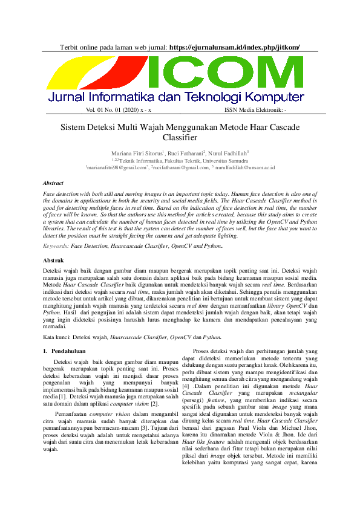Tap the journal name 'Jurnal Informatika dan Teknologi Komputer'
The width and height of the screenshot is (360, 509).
pyautogui.click(x=176, y=97)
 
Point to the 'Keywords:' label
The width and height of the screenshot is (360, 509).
pyautogui.click(x=56, y=246)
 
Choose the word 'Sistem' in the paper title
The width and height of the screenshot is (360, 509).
pyautogui.click(x=73, y=128)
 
